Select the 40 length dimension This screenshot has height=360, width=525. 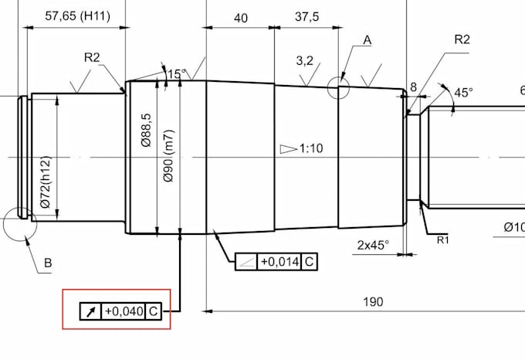coord(240,19)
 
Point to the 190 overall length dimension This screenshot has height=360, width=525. coord(373,302)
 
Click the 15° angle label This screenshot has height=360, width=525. coord(177,74)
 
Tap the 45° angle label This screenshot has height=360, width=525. coord(463,92)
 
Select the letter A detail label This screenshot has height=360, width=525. coord(367,39)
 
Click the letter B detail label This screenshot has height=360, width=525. coord(47,263)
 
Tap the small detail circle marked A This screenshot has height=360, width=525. coord(338,88)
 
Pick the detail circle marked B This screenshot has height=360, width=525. coord(19,224)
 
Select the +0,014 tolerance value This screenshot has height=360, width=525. coord(279,262)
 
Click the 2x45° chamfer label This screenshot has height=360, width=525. coord(374,246)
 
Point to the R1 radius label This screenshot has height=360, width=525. coord(443,240)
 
